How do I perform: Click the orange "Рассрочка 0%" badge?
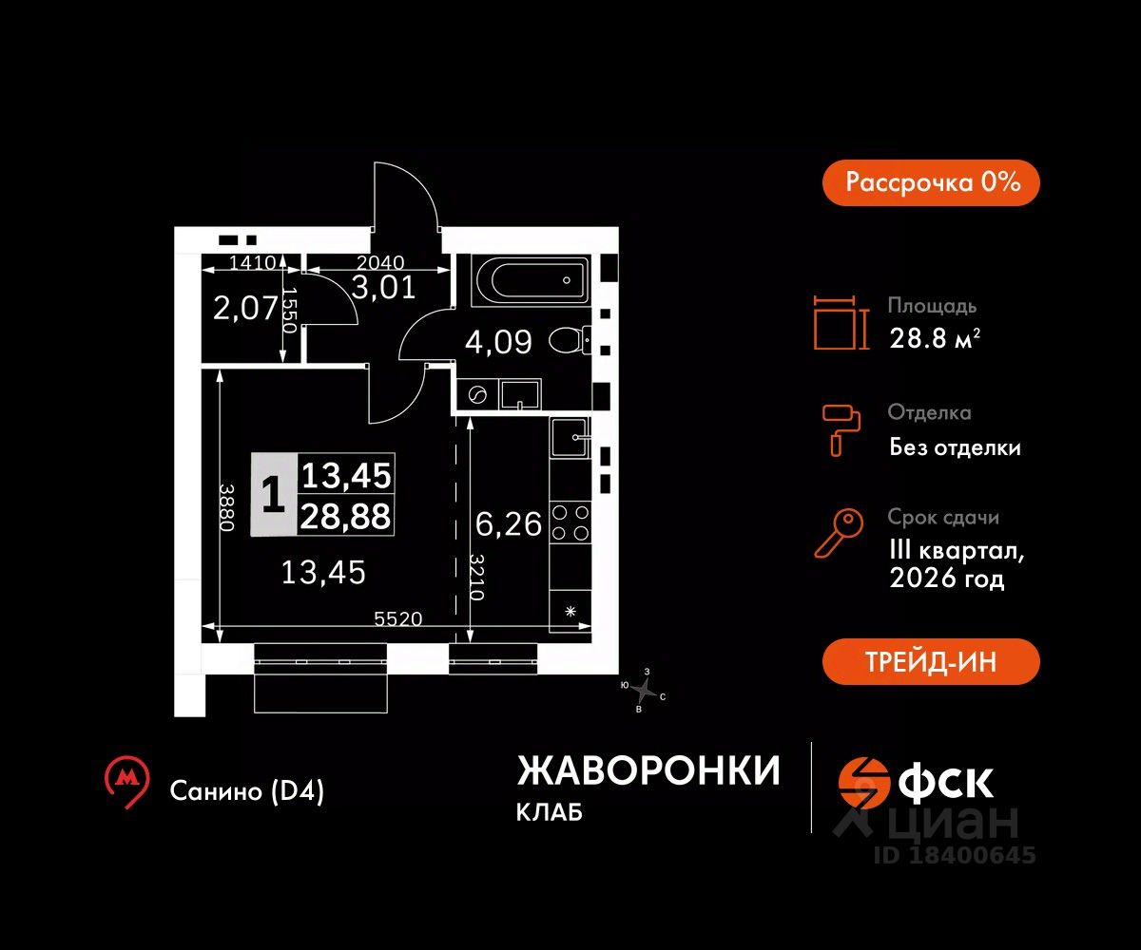pyautogui.click(x=930, y=182)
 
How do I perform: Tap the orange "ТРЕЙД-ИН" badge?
pyautogui.click(x=930, y=661)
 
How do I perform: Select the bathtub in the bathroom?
pyautogui.click(x=529, y=280)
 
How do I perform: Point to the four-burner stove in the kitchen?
pyautogui.click(x=570, y=522)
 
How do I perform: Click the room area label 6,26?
pyautogui.click(x=508, y=523)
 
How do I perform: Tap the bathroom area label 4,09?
pyautogui.click(x=498, y=341)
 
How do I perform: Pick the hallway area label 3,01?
pyautogui.click(x=383, y=287)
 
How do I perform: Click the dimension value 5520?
pyautogui.click(x=398, y=618)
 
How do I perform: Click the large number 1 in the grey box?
pyautogui.click(x=273, y=495)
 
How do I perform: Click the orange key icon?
pyautogui.click(x=839, y=534)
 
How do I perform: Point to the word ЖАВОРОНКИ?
pyautogui.click(x=648, y=771)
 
